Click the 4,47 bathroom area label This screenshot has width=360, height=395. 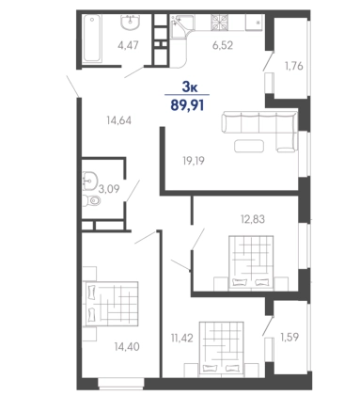point(128,45)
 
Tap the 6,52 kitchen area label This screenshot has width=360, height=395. point(223,45)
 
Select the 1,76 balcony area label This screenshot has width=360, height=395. point(293,66)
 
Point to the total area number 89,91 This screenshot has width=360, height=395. point(187,105)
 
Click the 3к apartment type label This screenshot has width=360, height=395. point(190,87)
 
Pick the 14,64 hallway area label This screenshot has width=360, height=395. point(118,120)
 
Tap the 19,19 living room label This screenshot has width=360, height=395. point(194,161)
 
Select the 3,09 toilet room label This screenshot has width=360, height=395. point(109,189)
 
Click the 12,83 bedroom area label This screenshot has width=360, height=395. point(253,219)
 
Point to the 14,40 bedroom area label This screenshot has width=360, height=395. point(127,347)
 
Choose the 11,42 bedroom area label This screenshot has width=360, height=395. point(182,338)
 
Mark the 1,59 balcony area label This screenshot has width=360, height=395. point(290,337)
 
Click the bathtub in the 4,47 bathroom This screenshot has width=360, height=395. point(92,39)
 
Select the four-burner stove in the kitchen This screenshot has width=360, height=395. point(221,23)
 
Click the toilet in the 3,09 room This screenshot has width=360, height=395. point(92,199)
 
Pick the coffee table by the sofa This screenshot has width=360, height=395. point(249,146)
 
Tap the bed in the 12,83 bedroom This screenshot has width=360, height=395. point(251,262)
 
